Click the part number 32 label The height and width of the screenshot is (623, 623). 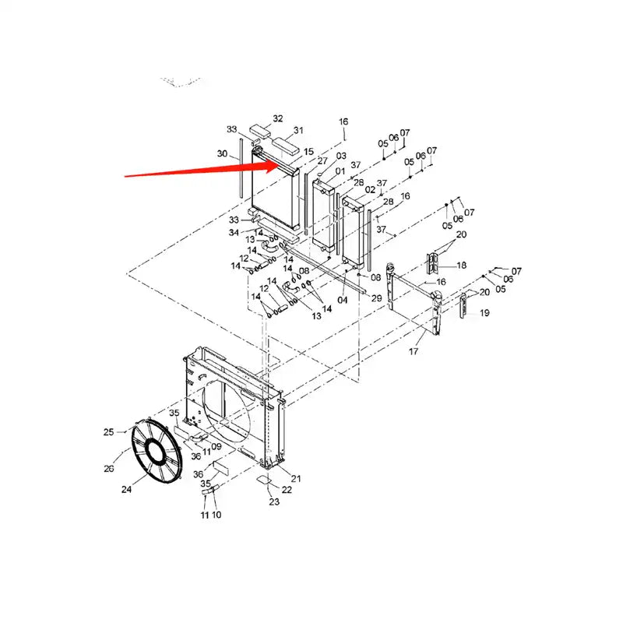[x=278, y=119]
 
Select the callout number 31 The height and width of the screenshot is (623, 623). [x=298, y=130]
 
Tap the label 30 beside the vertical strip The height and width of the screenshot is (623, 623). [x=223, y=154]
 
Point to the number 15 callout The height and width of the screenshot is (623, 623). [x=308, y=152]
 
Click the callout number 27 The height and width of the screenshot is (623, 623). [x=322, y=160]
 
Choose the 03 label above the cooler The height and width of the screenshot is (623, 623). [x=341, y=157]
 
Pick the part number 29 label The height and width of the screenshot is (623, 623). [x=376, y=299]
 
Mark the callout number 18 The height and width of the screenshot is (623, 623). [x=462, y=266]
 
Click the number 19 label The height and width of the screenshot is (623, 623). [x=484, y=313]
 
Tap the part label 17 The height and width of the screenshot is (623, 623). [x=414, y=352]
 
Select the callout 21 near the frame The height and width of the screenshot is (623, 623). [x=297, y=477]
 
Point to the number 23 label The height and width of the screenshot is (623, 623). [x=275, y=502]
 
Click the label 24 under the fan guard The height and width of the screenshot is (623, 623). [x=127, y=490]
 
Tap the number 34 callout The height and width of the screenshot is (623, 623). [x=234, y=232]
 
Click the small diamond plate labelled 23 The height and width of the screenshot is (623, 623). [x=264, y=481]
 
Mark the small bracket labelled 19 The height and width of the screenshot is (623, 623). [x=466, y=305]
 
